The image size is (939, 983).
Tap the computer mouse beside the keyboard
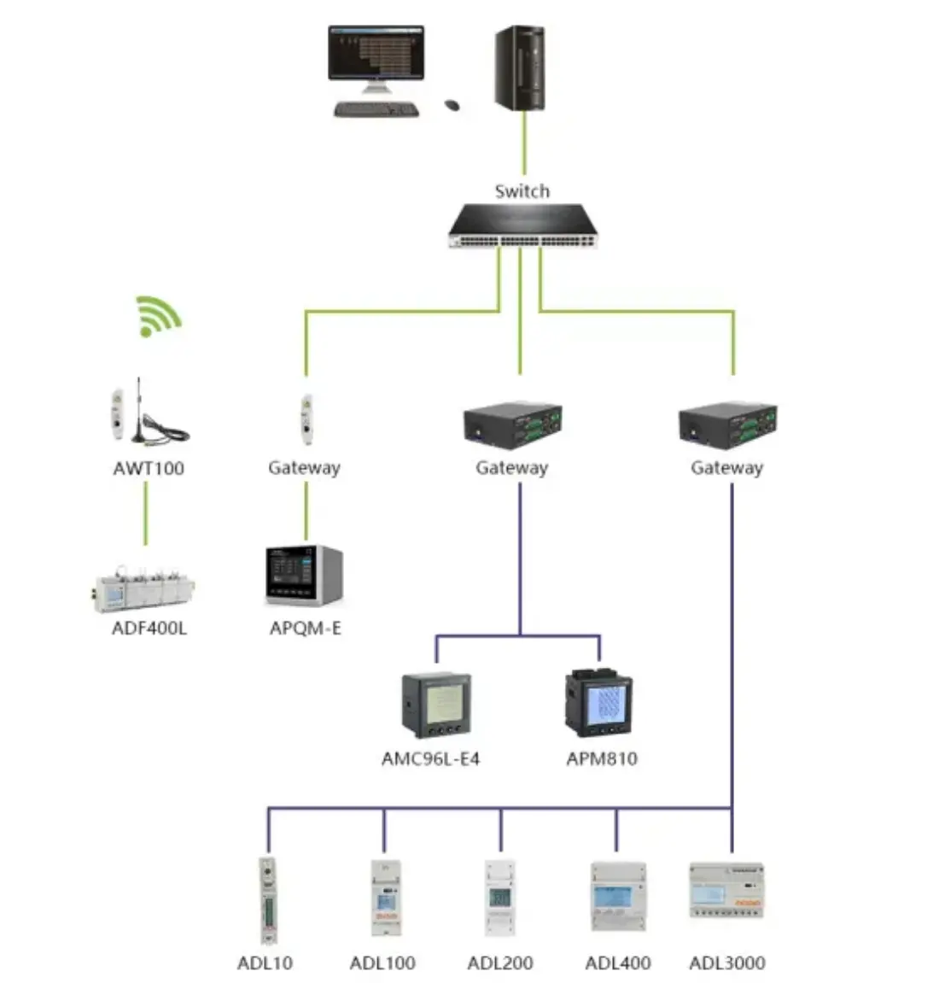(452, 105)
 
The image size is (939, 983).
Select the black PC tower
(520, 67)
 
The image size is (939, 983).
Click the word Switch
(522, 191)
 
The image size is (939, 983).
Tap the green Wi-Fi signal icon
(157, 315)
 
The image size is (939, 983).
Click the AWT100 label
(149, 468)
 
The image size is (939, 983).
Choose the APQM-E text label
(306, 629)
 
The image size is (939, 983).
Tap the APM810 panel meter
(599, 704)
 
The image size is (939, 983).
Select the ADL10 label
(265, 963)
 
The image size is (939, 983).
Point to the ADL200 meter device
(499, 898)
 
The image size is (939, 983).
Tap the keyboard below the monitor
(376, 109)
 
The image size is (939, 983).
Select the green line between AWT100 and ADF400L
(145, 512)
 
